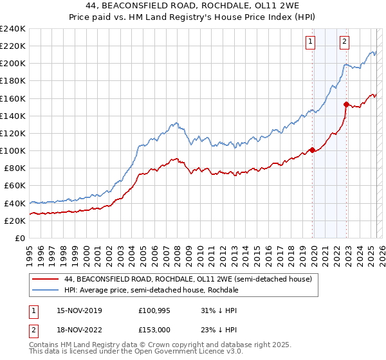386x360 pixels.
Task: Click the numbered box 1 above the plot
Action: click(x=310, y=42)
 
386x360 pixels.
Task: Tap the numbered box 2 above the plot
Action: click(x=345, y=42)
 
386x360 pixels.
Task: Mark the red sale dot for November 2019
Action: click(x=313, y=150)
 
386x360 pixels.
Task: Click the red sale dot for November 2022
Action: click(x=347, y=104)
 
